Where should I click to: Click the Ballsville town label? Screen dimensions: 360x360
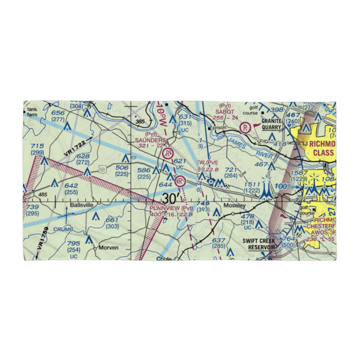(81, 205)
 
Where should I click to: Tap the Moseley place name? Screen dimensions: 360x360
(234, 206)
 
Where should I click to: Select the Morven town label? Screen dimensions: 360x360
(108, 248)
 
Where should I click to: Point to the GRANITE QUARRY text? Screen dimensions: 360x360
(271, 124)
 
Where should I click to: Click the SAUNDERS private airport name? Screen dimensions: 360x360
(151, 140)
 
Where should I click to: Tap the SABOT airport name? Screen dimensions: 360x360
(225, 112)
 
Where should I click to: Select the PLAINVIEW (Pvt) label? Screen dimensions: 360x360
(171, 208)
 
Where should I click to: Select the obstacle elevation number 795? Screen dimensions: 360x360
(74, 243)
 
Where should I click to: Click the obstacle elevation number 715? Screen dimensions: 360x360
(37, 146)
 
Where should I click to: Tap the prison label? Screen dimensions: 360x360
(220, 127)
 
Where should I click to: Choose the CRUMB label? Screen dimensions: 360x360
(63, 229)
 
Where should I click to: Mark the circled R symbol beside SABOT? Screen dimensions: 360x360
(246, 127)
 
